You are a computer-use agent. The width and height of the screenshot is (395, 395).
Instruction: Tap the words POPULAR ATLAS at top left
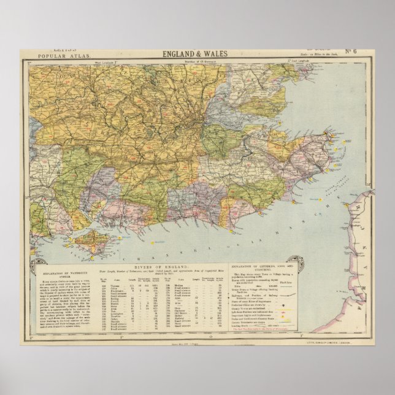pos(54,56)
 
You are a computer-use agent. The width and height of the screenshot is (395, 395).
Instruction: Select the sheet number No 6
pos(351,51)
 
